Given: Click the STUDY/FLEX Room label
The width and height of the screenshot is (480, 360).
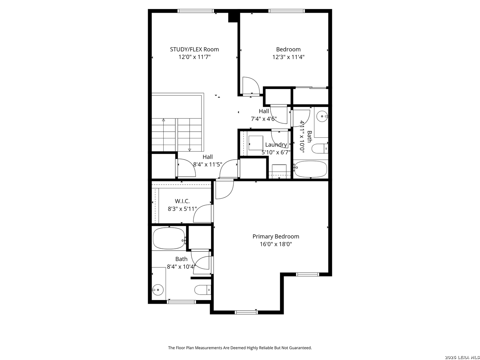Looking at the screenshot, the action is tap(194, 49).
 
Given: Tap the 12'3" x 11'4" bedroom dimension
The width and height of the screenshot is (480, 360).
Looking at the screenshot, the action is tap(288, 57).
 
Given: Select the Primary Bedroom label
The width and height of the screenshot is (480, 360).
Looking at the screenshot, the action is tap(276, 236).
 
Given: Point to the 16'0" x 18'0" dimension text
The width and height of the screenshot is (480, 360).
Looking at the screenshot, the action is tap(276, 244).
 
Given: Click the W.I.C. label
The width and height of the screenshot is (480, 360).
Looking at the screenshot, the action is tap(182, 201).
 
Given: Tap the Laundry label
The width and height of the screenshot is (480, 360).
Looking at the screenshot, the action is tap(276, 145).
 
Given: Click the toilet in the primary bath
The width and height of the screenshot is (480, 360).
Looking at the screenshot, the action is tap(202, 290).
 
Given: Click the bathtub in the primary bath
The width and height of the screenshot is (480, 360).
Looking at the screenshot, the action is tap(169, 238).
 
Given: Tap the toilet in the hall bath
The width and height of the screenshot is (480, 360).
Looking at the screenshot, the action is tap(319, 149).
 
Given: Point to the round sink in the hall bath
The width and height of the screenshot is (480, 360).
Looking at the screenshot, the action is tap(322, 116).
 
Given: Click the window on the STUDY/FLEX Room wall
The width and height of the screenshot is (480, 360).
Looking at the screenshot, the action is tap(195, 11).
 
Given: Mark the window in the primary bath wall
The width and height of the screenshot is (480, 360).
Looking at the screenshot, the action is tap(181, 302).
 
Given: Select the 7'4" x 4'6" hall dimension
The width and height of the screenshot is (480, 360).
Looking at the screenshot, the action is tap(264, 119).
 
